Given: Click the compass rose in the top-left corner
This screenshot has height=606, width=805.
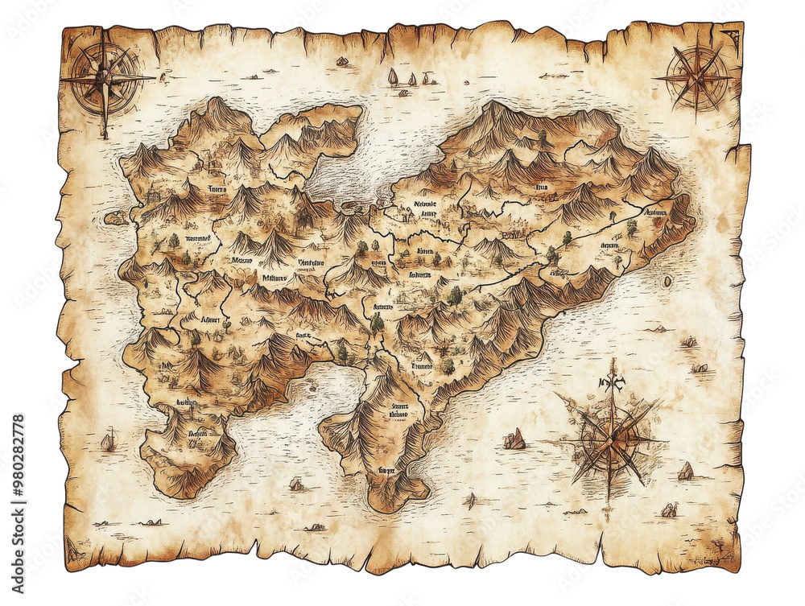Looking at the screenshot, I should (104, 78).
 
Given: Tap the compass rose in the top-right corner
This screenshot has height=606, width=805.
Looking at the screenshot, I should (696, 77).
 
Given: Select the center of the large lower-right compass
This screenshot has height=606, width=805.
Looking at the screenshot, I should (612, 439).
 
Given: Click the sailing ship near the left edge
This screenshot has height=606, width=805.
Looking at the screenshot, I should (108, 440).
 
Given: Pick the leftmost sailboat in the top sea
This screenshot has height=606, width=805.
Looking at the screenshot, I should (393, 77).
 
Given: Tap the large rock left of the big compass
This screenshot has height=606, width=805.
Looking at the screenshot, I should (514, 439).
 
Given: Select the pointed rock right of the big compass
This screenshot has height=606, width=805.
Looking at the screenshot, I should (685, 471).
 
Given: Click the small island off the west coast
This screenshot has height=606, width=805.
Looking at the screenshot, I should (116, 217).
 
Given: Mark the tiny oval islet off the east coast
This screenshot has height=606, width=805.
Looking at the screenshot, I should (667, 282).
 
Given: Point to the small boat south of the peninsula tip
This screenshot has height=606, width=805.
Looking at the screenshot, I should (470, 501).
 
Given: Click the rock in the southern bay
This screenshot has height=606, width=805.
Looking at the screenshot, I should (296, 484).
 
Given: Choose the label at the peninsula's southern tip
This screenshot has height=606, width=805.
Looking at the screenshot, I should (387, 469).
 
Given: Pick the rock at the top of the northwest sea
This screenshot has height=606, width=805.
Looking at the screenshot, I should (342, 61).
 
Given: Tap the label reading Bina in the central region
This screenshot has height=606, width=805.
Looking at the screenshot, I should (424, 251).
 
